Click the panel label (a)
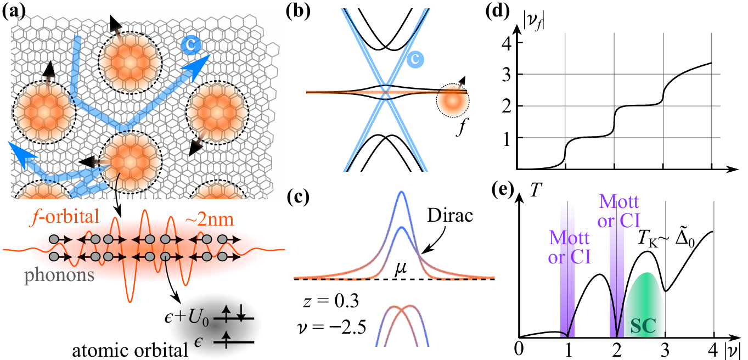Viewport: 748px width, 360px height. pos(12,9)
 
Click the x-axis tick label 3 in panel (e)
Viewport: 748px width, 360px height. pos(665,350)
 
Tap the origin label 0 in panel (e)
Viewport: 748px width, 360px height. pos(519,350)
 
